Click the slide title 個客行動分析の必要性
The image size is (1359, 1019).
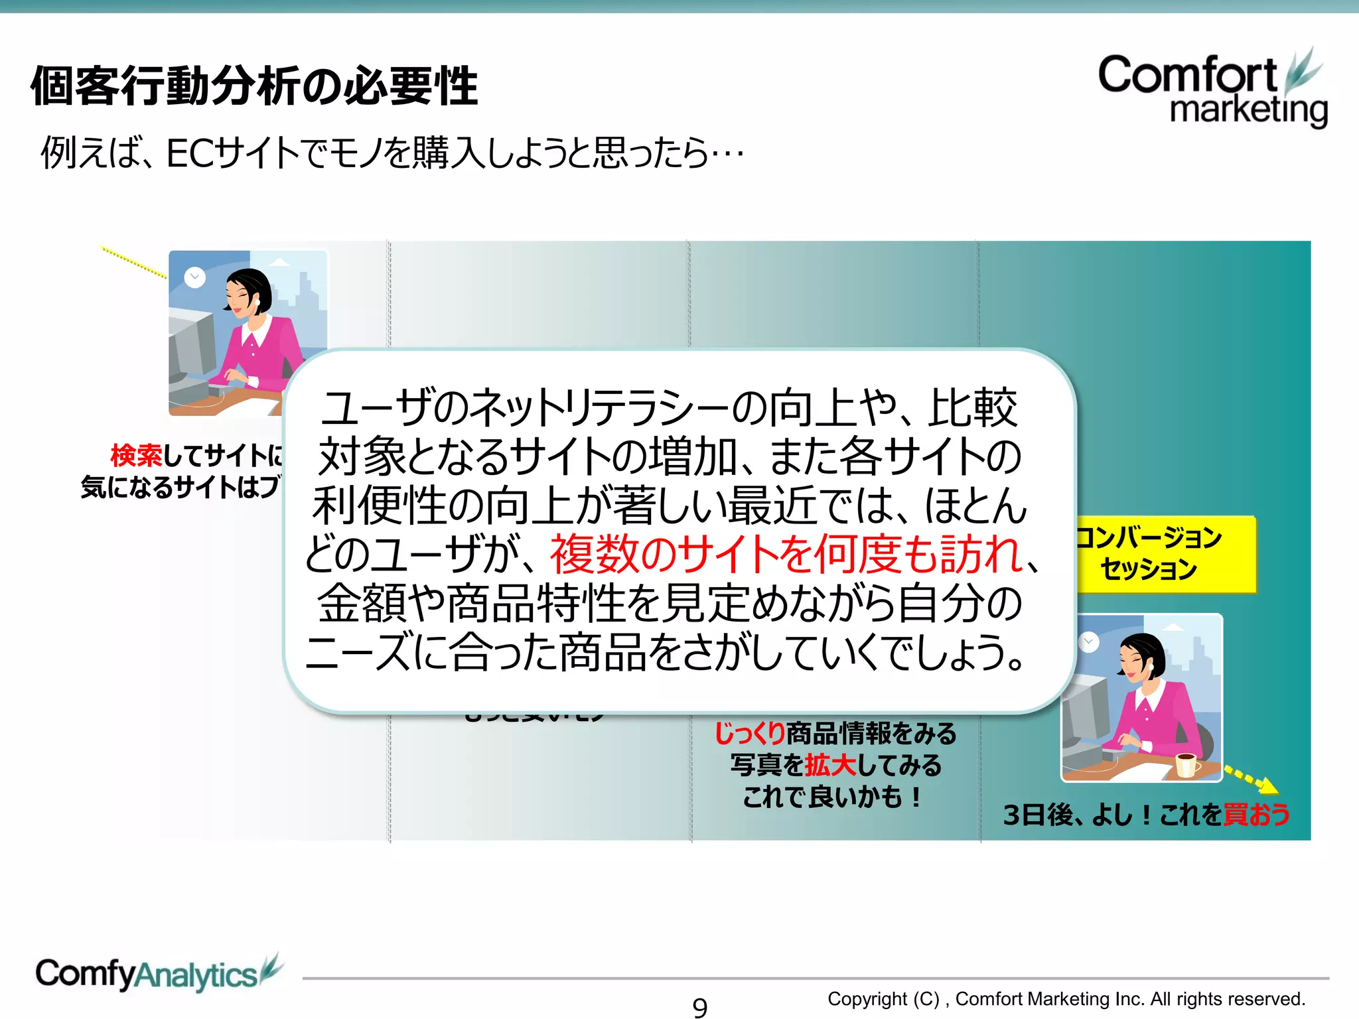coord(254,86)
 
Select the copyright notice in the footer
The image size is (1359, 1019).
coord(1066,998)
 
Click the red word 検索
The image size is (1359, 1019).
coord(136,456)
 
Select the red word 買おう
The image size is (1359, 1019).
coord(1256,814)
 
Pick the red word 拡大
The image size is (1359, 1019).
coord(830,765)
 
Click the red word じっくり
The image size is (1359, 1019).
coord(749,733)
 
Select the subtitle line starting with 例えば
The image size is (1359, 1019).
coord(392,153)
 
